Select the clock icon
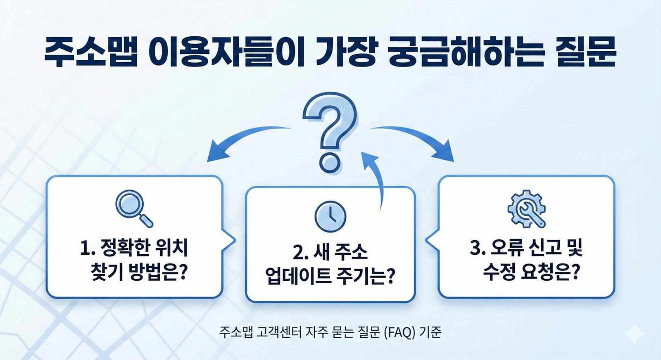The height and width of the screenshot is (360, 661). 330,216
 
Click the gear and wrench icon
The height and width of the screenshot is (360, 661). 526,208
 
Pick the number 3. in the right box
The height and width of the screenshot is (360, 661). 478,249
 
